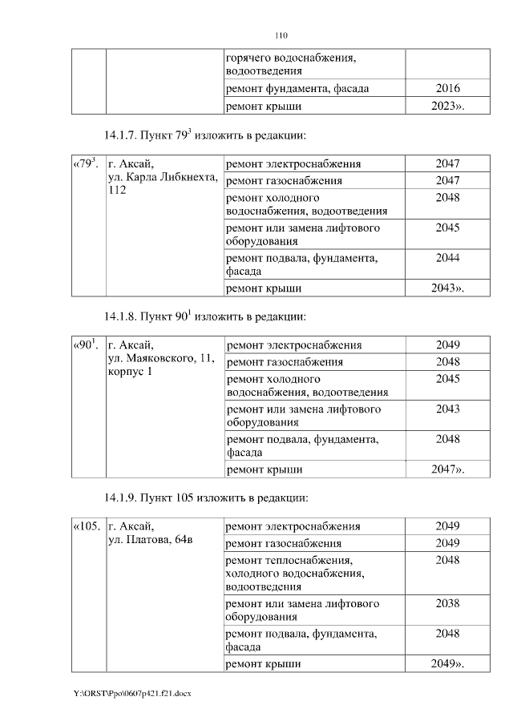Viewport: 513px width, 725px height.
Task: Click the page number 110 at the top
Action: point(281,35)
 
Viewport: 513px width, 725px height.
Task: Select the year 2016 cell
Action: point(447,89)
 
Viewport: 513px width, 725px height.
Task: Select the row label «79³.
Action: point(86,163)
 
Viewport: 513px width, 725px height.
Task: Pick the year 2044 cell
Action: point(447,258)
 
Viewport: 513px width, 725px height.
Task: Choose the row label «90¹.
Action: point(86,345)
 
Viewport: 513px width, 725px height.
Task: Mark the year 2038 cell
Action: point(447,603)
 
